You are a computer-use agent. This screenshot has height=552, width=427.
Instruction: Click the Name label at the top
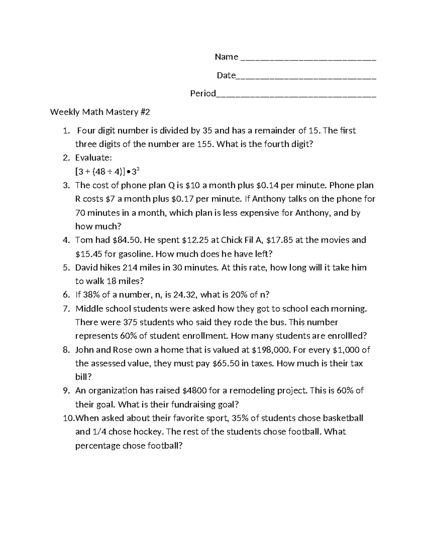(x=226, y=57)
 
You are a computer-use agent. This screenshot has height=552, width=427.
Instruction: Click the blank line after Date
(x=306, y=76)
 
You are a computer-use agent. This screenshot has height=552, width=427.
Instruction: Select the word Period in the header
(x=203, y=93)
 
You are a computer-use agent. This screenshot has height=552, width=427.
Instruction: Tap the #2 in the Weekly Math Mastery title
(x=145, y=112)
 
